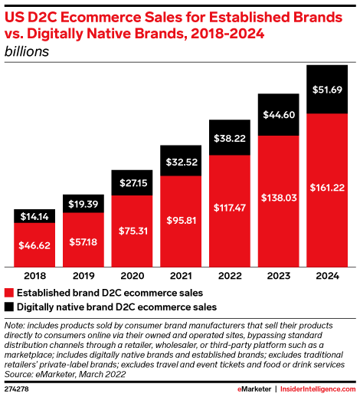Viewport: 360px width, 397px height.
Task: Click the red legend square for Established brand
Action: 9,293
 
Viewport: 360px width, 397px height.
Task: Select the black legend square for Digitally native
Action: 9,307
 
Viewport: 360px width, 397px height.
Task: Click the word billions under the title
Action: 27,52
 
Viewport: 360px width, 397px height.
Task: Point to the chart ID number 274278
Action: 18,390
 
